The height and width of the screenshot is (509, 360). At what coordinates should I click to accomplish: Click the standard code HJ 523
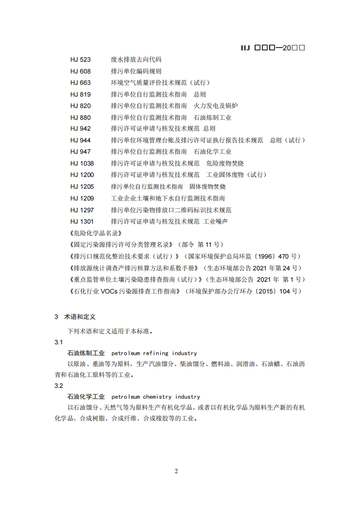(x=80, y=59)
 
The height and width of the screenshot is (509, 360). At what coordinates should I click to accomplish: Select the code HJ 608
(x=80, y=71)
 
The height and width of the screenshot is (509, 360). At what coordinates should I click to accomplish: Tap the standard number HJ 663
(x=80, y=83)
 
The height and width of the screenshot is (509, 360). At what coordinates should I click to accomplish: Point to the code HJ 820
(x=80, y=106)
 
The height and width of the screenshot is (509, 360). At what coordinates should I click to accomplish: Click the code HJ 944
(x=80, y=140)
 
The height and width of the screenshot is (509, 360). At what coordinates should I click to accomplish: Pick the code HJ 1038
(x=82, y=163)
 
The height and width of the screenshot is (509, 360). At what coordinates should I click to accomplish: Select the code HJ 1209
(x=82, y=198)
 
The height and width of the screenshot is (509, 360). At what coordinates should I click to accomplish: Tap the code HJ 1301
(x=82, y=221)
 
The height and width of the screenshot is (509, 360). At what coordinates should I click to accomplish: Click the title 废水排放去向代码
(x=136, y=59)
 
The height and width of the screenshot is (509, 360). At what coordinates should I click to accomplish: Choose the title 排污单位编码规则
(x=136, y=71)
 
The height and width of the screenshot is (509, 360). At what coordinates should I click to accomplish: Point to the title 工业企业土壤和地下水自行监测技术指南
(x=168, y=198)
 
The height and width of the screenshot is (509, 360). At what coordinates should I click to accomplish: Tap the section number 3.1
(x=59, y=342)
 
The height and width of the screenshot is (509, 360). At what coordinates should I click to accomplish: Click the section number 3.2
(x=59, y=386)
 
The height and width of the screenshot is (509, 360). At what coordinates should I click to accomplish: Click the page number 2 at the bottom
(x=177, y=471)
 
